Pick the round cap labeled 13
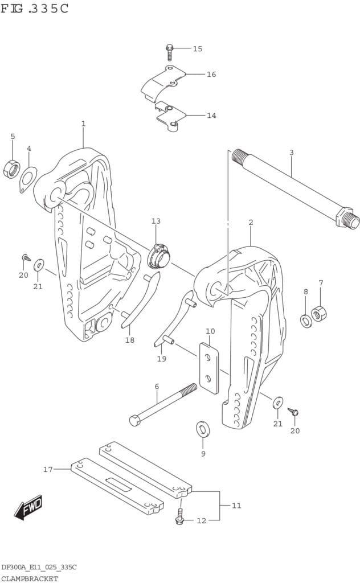pos(158,256)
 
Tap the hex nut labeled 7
pos(319,313)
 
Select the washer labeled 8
pos(305,321)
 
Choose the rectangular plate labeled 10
pos(209,368)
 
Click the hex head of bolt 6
pos(135,421)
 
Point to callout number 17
pos(48,470)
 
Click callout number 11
pos(236,505)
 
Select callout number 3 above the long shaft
pos(291,153)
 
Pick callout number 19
pos(162,359)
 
